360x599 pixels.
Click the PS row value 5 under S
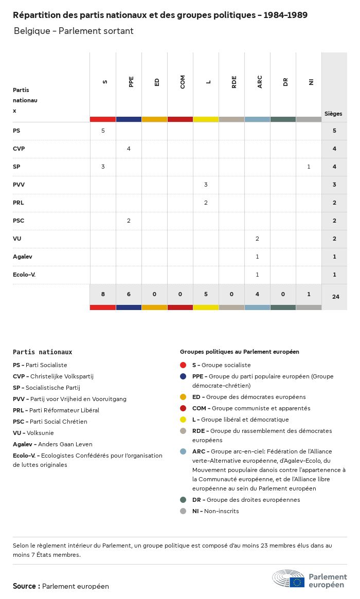pos(103,131)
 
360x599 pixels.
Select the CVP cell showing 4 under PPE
pos(129,149)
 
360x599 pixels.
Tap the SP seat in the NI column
pos(309,167)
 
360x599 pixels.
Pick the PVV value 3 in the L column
pos(206,185)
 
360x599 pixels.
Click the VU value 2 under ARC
pos(257,239)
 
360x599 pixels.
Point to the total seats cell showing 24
pos(335,297)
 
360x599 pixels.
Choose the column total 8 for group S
pos(103,295)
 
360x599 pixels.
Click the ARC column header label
pos(260,82)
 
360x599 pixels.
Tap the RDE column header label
pos(234,82)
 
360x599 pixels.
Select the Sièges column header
pos(333,114)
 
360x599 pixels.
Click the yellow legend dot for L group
pos(183,420)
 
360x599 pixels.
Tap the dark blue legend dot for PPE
pos(183,376)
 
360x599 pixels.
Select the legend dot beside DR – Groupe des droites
pos(183,500)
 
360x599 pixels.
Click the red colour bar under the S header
pos(103,119)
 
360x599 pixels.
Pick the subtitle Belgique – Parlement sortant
pos(74,31)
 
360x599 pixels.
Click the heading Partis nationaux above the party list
pos(43,352)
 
